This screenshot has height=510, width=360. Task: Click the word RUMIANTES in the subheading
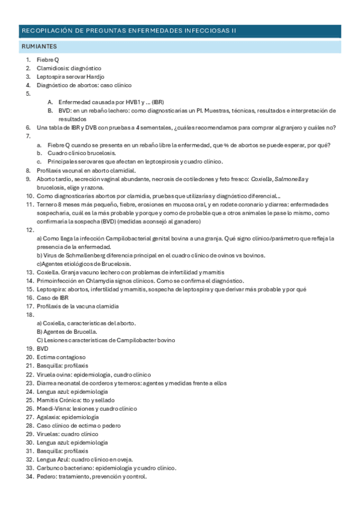[39, 46]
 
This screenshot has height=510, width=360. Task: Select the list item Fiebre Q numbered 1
[47, 60]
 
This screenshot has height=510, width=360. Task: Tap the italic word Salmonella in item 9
[291, 179]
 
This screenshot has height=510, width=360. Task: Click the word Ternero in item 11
[47, 204]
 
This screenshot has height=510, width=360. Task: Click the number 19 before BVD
[28, 349]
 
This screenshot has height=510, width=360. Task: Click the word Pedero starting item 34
[47, 476]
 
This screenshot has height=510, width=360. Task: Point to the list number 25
[28, 400]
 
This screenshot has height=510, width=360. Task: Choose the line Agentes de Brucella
[67, 332]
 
